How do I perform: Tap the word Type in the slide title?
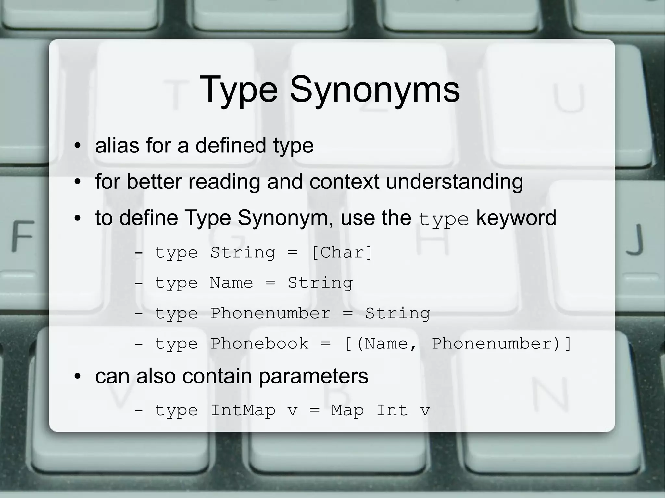[x=239, y=89]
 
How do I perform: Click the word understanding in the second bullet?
[x=454, y=182]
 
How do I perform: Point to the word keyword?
[x=516, y=218]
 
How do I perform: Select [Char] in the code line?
[x=342, y=252]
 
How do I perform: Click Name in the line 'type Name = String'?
[x=231, y=283]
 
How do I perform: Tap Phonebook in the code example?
[x=259, y=344]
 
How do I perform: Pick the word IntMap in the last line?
[x=243, y=410]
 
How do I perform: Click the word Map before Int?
[x=347, y=410]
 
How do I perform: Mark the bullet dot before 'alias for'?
[x=77, y=146]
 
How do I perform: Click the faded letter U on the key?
[x=569, y=98]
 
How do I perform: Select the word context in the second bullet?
[x=344, y=182]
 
